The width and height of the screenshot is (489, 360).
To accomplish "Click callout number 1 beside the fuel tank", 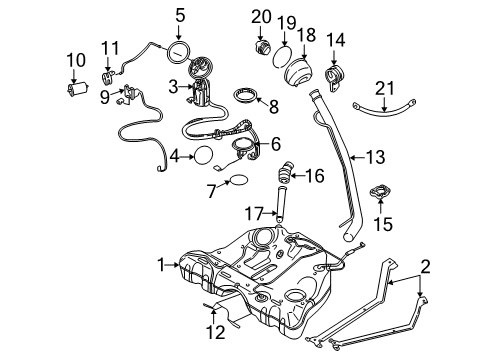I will coord(159,265).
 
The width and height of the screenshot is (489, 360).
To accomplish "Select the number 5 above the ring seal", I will coord(180,15).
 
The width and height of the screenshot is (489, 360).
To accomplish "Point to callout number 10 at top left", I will coord(75,60).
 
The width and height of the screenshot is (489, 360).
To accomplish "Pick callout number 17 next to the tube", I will coord(254,213).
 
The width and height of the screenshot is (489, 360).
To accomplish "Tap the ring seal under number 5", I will coord(181,49).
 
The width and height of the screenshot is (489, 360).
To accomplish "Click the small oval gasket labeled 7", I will coord(238,180).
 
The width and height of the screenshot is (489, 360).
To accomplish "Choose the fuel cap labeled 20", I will coord(261,47).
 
